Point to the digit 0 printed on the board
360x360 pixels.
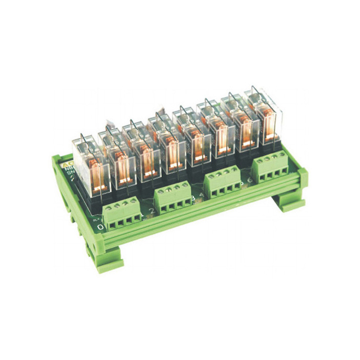(99, 226)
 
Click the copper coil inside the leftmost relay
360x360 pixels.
(94, 169)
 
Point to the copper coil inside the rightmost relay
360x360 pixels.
(268, 123)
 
